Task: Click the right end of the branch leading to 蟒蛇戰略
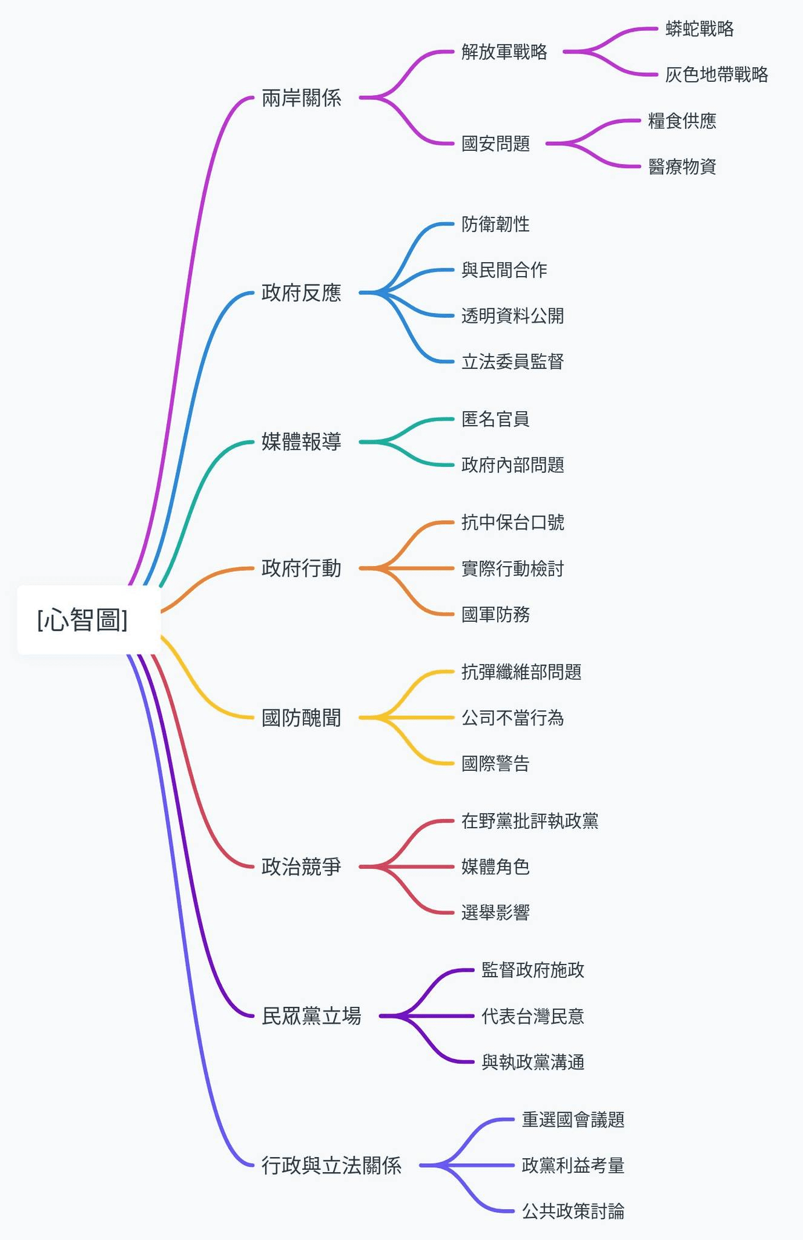click(657, 28)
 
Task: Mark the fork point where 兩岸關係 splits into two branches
click(377, 97)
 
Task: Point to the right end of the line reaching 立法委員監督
click(453, 362)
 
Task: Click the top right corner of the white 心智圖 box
click(160, 585)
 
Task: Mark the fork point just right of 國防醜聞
click(377, 717)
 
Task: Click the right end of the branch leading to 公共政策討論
click(514, 1212)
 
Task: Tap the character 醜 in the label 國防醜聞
click(311, 717)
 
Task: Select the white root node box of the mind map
click(89, 620)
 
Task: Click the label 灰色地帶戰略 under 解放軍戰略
click(716, 74)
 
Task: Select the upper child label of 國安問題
click(682, 120)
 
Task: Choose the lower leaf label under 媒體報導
click(512, 465)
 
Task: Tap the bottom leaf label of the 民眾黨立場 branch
click(533, 1062)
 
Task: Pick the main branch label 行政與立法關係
click(331, 1166)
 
